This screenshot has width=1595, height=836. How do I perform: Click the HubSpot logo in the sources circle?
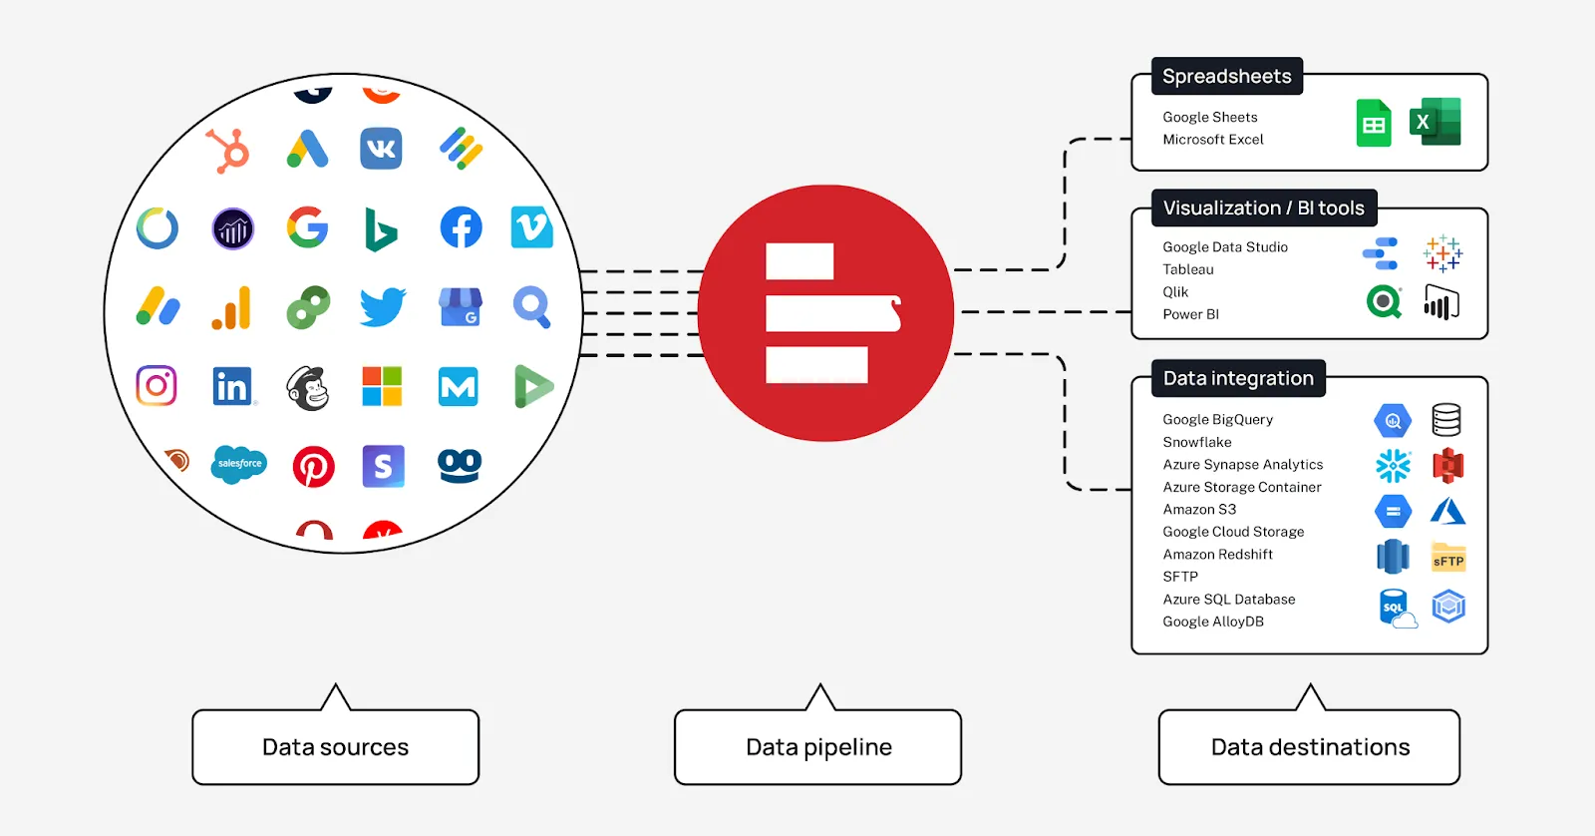pyautogui.click(x=228, y=151)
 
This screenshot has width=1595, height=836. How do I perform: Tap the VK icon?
pyautogui.click(x=381, y=149)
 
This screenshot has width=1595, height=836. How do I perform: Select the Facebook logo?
pyautogui.click(x=461, y=227)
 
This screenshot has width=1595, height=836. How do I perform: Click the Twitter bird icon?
pyautogui.click(x=383, y=307)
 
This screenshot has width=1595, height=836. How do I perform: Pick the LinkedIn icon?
pyautogui.click(x=232, y=386)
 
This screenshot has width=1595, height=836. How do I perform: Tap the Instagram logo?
pyautogui.click(x=157, y=386)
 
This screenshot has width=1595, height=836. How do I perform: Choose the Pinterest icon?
pyautogui.click(x=313, y=466)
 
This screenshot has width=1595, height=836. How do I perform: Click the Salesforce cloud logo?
pyautogui.click(x=239, y=464)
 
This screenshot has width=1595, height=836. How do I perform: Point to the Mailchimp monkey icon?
pyautogui.click(x=308, y=388)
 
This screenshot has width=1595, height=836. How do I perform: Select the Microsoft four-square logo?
pyautogui.click(x=382, y=386)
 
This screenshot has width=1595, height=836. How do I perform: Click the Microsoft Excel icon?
pyautogui.click(x=1435, y=123)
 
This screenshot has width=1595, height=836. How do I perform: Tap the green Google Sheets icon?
pyautogui.click(x=1374, y=124)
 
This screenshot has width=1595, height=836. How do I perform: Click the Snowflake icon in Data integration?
pyautogui.click(x=1393, y=466)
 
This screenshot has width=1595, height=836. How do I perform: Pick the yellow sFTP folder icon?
pyautogui.click(x=1447, y=557)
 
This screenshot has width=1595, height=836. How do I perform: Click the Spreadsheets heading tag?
pyautogui.click(x=1226, y=77)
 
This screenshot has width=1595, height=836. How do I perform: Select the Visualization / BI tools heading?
pyautogui.click(x=1263, y=209)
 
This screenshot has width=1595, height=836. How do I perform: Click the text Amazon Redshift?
pyautogui.click(x=1217, y=555)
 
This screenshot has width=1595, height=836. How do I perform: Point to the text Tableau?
pyautogui.click(x=1188, y=269)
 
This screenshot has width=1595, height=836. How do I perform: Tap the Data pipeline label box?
pyautogui.click(x=818, y=747)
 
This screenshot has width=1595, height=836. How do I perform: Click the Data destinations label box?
pyautogui.click(x=1309, y=747)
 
